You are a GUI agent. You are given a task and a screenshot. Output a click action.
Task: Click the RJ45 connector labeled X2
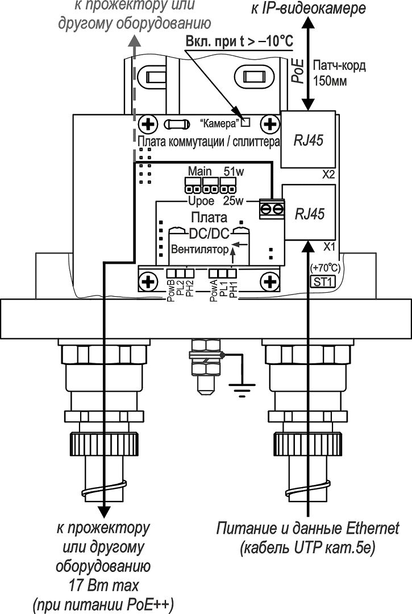[309, 139]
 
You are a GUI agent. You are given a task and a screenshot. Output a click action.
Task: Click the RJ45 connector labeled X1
[309, 213]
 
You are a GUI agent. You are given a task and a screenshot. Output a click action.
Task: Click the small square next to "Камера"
[245, 123]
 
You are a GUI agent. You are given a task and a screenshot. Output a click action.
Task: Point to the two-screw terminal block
[272, 209]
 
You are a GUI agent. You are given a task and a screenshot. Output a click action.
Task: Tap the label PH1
[233, 290]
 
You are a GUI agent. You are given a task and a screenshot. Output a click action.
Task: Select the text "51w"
[234, 172]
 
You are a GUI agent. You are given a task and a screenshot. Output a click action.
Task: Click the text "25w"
[233, 201]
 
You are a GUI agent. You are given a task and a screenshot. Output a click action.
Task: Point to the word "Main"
[199, 171]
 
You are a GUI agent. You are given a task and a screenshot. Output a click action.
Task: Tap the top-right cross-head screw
[269, 125]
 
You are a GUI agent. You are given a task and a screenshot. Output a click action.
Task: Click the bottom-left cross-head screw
[148, 282]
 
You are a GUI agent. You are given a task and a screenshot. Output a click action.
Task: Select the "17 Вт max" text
[103, 586]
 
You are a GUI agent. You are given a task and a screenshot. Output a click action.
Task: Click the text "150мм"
[330, 81]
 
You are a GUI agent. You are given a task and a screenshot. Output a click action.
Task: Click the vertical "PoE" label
[298, 70]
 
